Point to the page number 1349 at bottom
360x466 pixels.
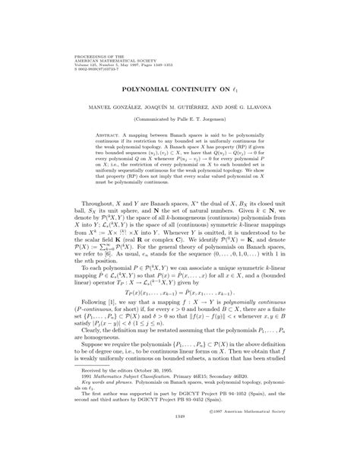tap(179, 460)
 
